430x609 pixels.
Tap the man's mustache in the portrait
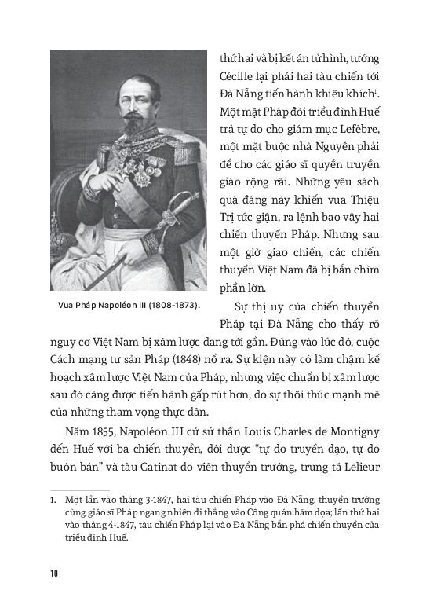click(x=129, y=105)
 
